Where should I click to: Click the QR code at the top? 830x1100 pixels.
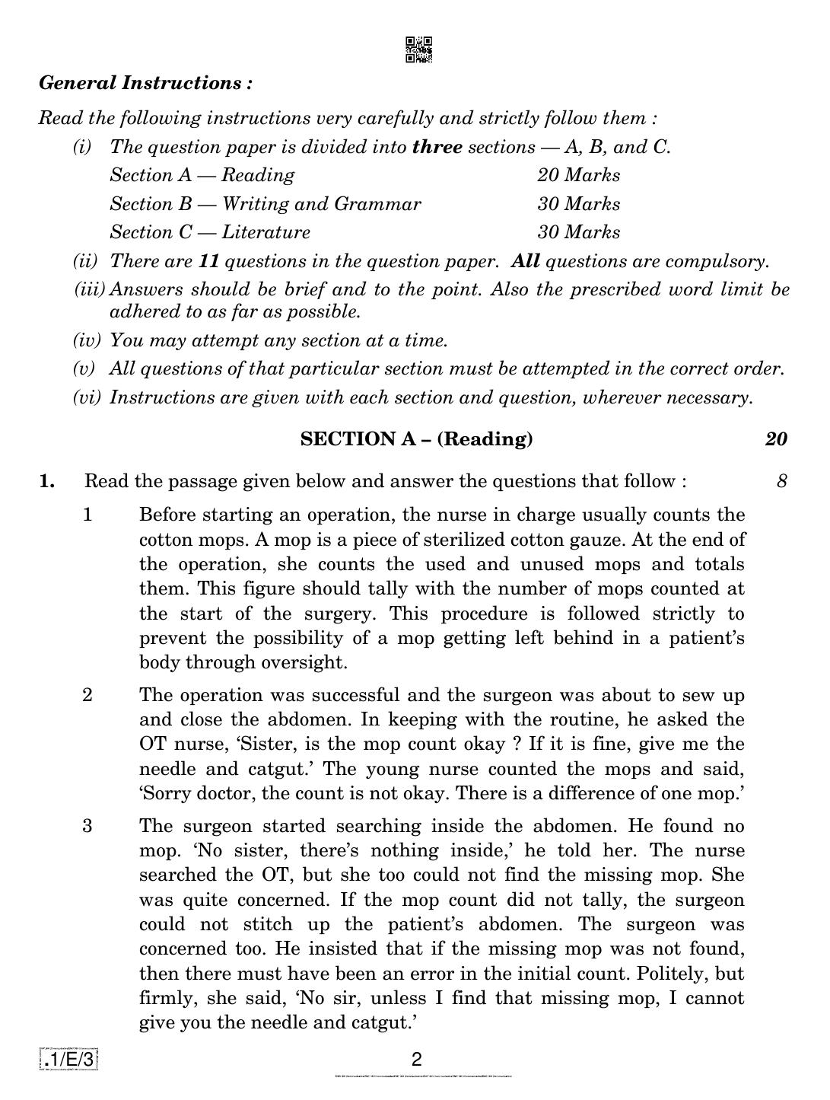coord(418,49)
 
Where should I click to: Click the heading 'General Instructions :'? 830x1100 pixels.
coord(145,83)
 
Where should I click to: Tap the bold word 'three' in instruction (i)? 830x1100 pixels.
coord(437,147)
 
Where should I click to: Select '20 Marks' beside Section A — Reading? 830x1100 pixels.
coord(578,175)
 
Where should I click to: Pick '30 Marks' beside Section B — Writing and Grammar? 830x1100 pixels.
coord(578,204)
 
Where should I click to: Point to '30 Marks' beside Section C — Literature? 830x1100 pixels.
coord(578,232)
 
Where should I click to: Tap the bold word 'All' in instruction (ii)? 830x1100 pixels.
coord(526,261)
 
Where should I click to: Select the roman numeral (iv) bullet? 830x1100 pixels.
coord(86,340)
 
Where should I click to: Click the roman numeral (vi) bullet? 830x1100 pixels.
coord(86,397)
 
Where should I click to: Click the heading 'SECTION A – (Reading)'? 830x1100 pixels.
coord(416,439)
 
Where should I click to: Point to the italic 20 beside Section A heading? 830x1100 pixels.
coord(776,439)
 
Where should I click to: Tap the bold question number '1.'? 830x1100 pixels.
coord(47,481)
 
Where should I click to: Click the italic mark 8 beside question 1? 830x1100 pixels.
coord(781,481)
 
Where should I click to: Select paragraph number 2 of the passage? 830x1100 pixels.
coord(87,695)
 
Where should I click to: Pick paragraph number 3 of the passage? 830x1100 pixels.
coord(87,826)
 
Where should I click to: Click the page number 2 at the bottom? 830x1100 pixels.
coord(416,1060)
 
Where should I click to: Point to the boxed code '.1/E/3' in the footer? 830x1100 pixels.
coord(68,1060)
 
